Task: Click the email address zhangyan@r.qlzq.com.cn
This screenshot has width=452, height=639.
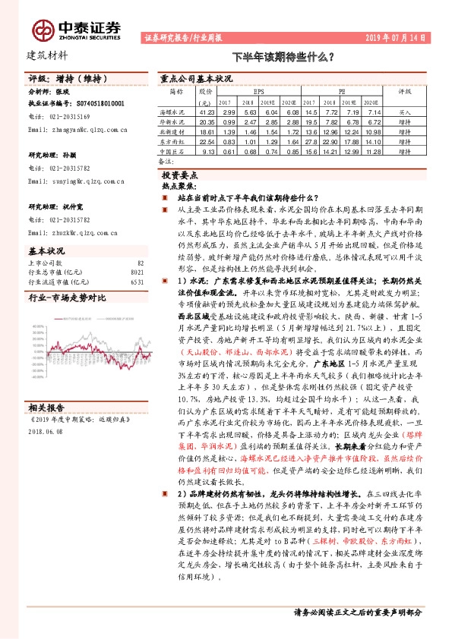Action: [77, 130]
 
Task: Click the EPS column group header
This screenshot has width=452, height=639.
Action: [259, 89]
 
